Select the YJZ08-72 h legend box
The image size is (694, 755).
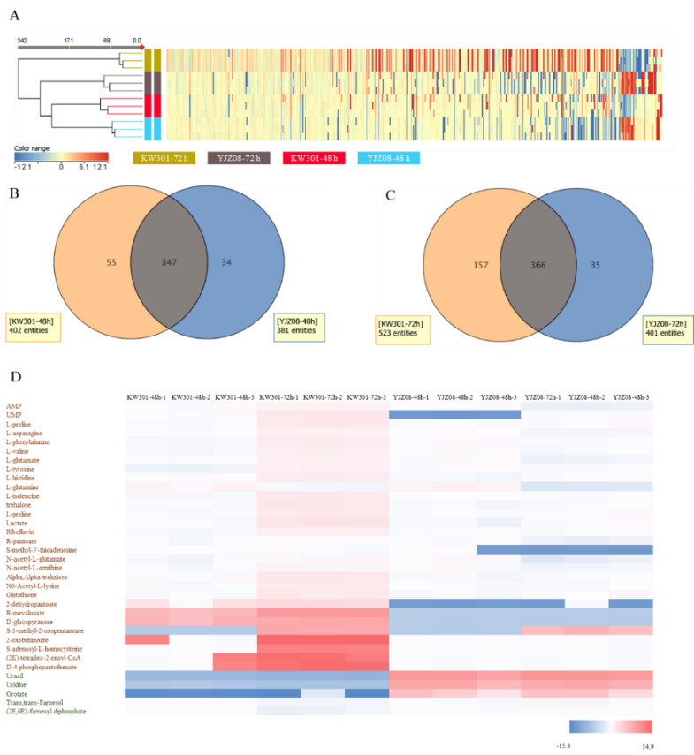(x=239, y=158)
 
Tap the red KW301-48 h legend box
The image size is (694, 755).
(x=313, y=158)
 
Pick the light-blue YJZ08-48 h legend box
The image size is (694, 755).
(x=388, y=158)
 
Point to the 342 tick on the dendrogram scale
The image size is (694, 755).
(x=22, y=40)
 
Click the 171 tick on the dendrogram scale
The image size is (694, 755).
(x=68, y=40)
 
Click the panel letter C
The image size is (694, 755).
(x=390, y=195)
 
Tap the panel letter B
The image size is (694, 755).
(x=14, y=193)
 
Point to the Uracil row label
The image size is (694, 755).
(x=15, y=676)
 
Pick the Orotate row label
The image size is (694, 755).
(x=17, y=693)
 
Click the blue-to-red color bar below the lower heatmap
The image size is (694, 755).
(x=610, y=726)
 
